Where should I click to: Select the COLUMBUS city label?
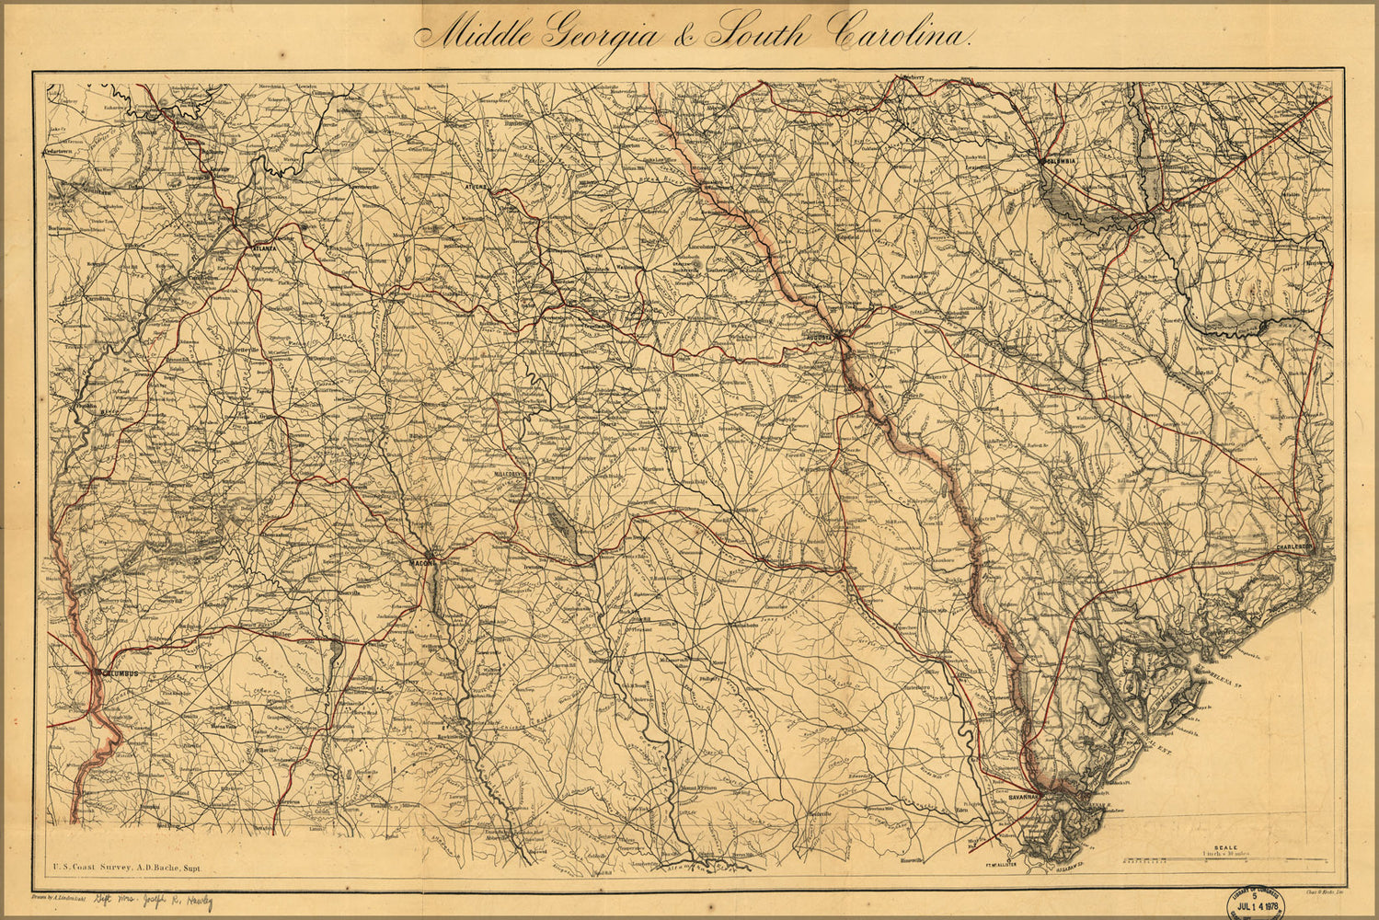[121, 674]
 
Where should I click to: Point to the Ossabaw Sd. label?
[1074, 867]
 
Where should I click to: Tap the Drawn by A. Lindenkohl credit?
[58, 894]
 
